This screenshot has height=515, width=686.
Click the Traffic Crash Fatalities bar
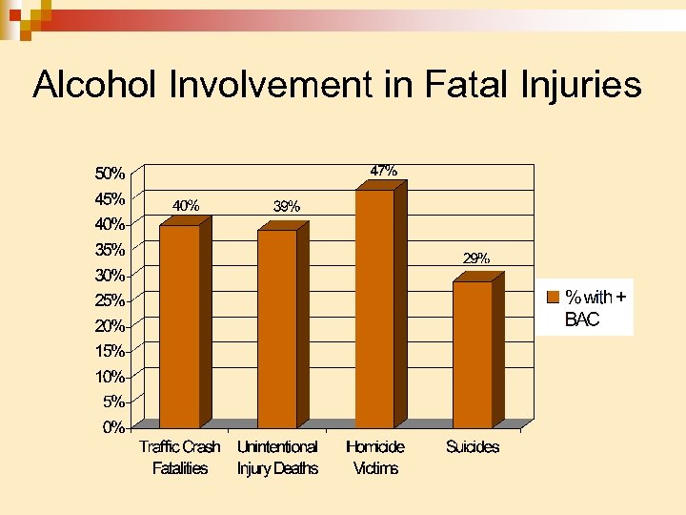(x=179, y=326)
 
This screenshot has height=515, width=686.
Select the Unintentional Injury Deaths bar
(x=276, y=329)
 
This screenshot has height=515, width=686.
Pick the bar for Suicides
(x=473, y=354)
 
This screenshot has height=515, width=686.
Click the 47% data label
(x=383, y=171)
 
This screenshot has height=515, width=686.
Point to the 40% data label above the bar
(x=185, y=205)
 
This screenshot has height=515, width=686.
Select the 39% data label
(x=286, y=205)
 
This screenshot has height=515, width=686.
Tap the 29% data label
(x=476, y=257)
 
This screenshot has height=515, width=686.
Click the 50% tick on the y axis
(x=109, y=174)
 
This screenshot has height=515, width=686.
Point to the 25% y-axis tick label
(x=109, y=300)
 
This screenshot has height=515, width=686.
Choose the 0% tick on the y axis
(x=112, y=427)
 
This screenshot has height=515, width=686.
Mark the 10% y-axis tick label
(x=109, y=377)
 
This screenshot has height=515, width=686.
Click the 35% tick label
(x=109, y=250)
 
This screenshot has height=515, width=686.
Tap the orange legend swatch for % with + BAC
(x=552, y=297)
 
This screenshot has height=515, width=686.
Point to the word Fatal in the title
(x=473, y=86)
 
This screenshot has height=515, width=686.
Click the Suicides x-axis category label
(x=472, y=446)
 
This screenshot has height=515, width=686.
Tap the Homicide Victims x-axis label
(x=374, y=457)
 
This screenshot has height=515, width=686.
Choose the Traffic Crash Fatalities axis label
(x=179, y=457)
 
